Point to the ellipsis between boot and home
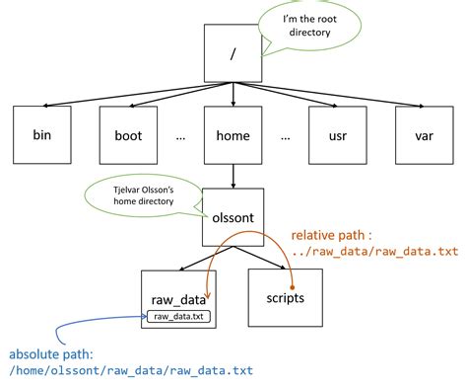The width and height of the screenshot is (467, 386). [x=181, y=136]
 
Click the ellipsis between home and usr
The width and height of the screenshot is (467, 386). [x=284, y=136]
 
